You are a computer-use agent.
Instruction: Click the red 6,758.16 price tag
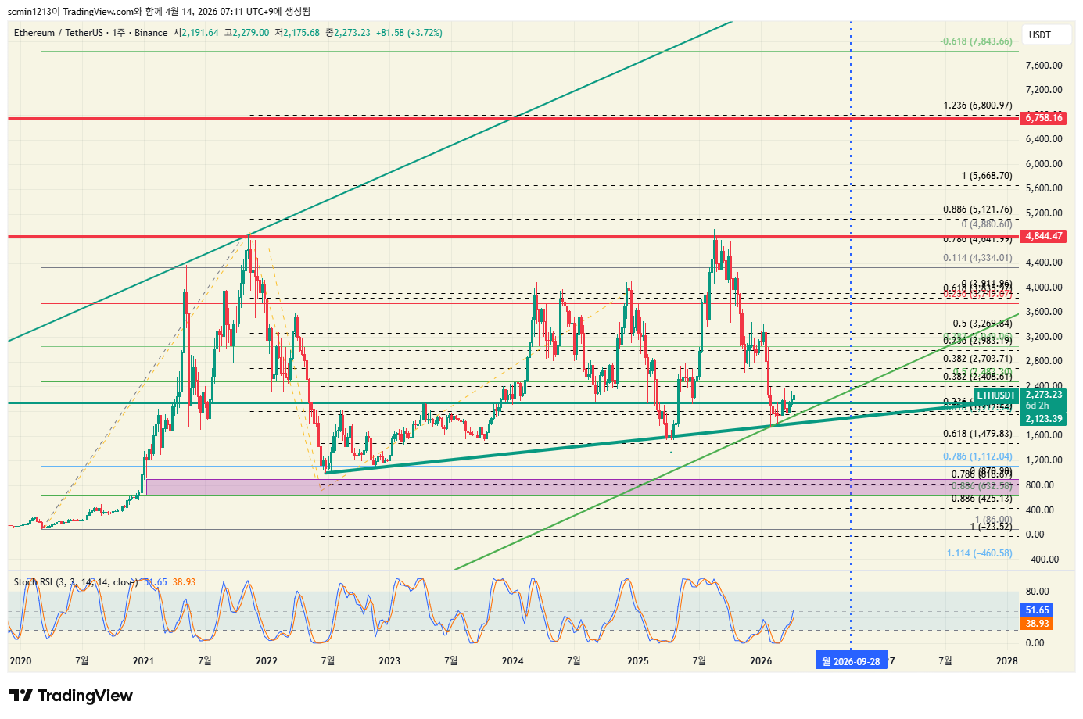1043,118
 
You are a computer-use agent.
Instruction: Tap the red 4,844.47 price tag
1043,236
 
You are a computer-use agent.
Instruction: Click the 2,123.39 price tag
1043,419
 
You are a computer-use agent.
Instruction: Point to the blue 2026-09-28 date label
851,661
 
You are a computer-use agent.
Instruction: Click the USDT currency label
1039,35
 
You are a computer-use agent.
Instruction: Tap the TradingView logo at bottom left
71,696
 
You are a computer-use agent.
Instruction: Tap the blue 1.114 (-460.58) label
979,553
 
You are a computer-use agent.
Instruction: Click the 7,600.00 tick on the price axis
1043,66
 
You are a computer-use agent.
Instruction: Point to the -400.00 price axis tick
1042,560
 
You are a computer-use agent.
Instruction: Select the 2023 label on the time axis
389,661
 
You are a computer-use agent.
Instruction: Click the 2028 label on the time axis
1006,661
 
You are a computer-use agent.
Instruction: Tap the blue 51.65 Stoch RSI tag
1037,610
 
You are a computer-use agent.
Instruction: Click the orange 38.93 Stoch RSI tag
1037,624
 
